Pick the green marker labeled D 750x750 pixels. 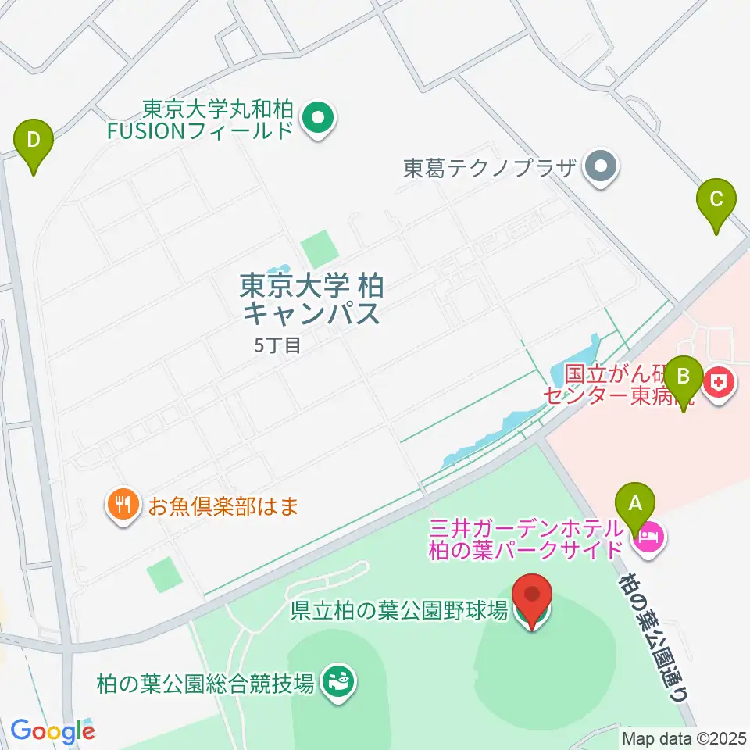point(34,142)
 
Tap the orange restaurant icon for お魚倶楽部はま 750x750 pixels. point(122,504)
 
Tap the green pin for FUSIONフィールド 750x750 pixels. point(318,120)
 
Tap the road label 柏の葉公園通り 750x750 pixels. point(654,634)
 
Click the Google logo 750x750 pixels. point(52,731)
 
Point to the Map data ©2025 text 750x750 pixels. point(684,737)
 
